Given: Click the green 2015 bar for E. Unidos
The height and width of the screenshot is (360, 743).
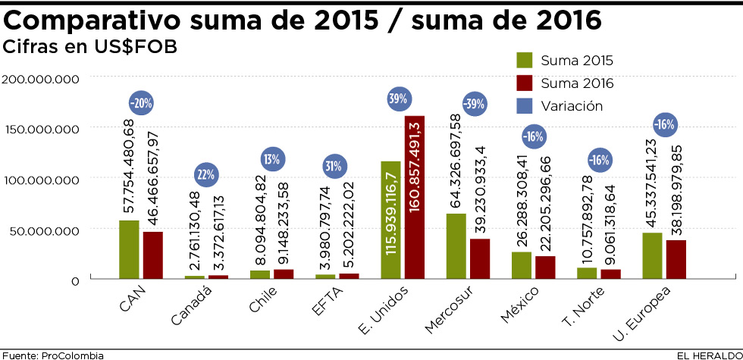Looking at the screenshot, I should [x=390, y=220].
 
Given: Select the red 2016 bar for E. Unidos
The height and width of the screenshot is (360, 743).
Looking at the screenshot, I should [x=414, y=197].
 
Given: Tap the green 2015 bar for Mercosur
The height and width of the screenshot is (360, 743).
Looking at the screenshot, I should [x=456, y=246].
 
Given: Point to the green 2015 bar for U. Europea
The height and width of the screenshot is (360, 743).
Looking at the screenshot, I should [x=652, y=255].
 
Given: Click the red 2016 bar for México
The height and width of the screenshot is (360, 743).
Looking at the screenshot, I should [x=545, y=267].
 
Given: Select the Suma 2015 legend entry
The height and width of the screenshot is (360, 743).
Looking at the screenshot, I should [x=565, y=61].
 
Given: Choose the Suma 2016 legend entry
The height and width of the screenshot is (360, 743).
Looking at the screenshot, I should [x=565, y=83].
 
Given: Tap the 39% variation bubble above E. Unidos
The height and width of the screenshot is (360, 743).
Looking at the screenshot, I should [x=399, y=99].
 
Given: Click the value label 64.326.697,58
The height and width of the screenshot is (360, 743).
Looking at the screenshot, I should [x=455, y=161].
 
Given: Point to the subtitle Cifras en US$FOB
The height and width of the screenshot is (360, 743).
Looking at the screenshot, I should [x=90, y=47].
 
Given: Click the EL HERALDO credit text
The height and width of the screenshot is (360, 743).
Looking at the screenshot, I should [x=708, y=355].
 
